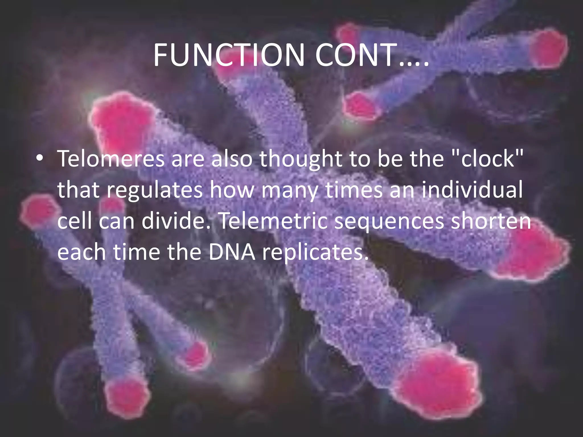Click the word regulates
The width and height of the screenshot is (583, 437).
click(x=155, y=190)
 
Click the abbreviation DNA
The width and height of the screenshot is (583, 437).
click(x=232, y=252)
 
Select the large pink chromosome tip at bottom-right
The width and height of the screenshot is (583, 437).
click(x=444, y=384)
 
